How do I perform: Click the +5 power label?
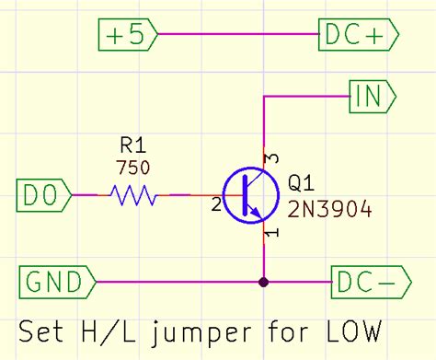[x=127, y=35]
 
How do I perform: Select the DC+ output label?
[x=357, y=35]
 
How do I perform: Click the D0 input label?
[x=42, y=195]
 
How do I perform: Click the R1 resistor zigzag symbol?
[x=134, y=195]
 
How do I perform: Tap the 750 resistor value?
[x=132, y=168]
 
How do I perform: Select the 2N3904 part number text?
[x=329, y=209]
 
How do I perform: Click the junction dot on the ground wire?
[x=265, y=281]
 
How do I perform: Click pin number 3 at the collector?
[x=272, y=158]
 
